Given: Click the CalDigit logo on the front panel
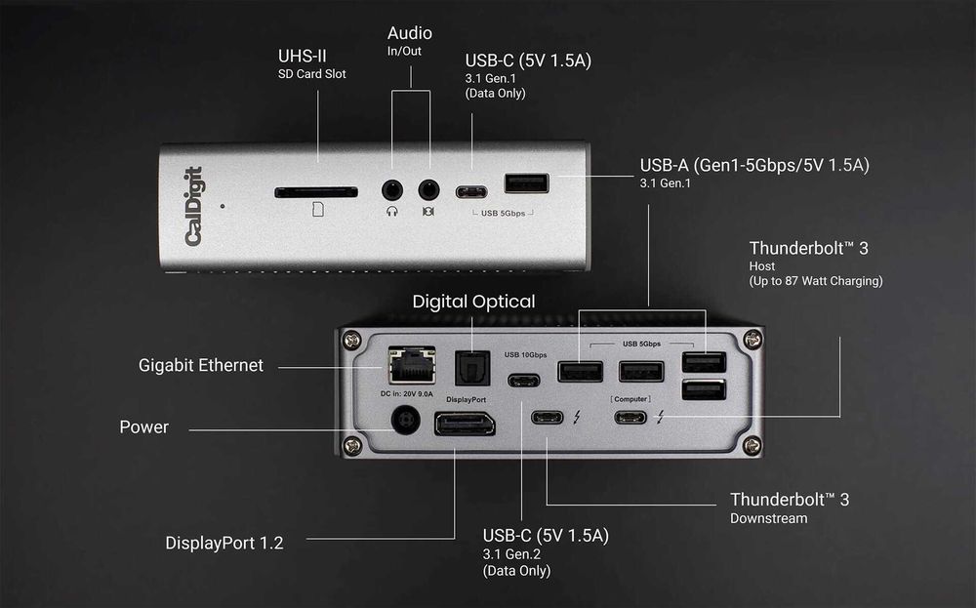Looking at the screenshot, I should pos(193,207).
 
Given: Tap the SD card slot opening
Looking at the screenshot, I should pos(315,192).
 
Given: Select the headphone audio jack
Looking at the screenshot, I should pos(392,190).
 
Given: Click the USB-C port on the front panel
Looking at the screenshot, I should pos(471,191).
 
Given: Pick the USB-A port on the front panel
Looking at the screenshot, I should pos(526,183).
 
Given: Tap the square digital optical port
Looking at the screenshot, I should pos(472,368).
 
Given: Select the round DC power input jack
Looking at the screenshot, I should pos(404,422).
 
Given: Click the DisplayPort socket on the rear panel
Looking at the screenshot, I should pos(465,424).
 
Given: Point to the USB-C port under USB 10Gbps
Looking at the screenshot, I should pos(523,381).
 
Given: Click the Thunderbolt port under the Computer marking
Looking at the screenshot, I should pos(630,418).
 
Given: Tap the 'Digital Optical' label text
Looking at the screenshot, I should pos(473,302).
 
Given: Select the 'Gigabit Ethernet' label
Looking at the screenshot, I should pos(201,365).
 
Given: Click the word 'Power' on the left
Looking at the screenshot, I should pos(143,426).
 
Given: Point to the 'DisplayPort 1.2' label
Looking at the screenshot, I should pos(224,543).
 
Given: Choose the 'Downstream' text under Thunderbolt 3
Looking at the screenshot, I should pos(768,518).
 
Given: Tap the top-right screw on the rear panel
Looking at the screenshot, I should pos(752,341).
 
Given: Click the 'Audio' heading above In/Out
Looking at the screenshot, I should pos(409,34).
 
